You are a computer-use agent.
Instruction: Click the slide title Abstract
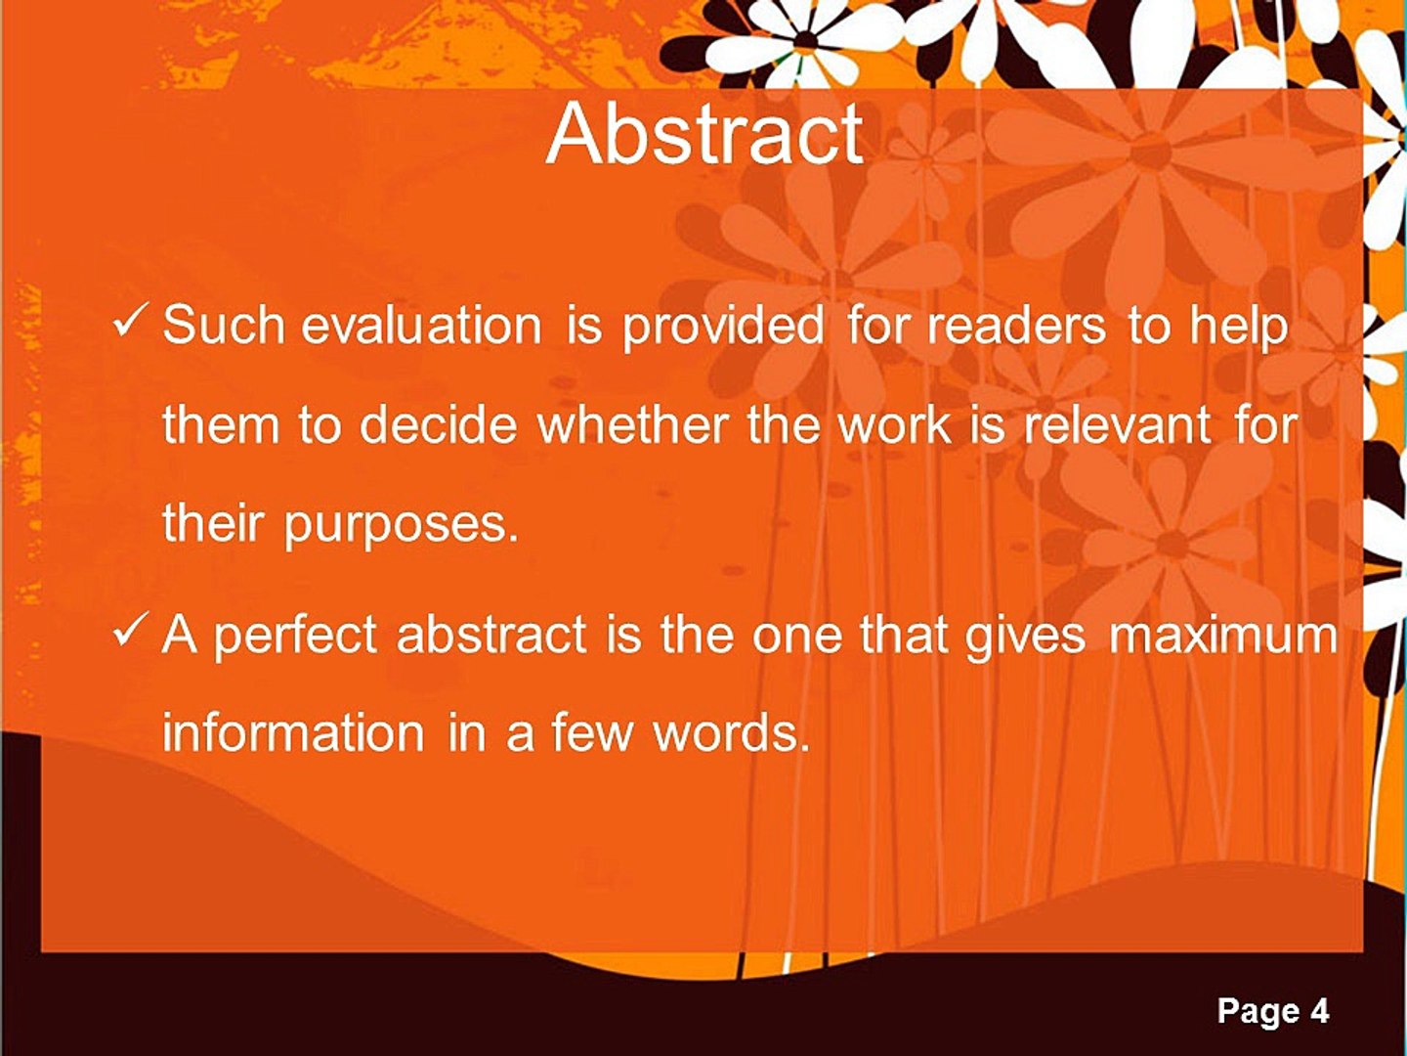pos(703,135)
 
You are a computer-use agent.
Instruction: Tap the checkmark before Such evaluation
pos(132,321)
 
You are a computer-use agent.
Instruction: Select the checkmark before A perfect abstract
pos(132,634)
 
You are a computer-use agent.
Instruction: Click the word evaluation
pos(421,325)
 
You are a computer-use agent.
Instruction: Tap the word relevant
pos(1117,424)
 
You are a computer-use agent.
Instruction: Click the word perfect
pos(294,636)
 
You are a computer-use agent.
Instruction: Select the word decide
pos(439,424)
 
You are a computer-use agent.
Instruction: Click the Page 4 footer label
pos(1272,1011)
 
